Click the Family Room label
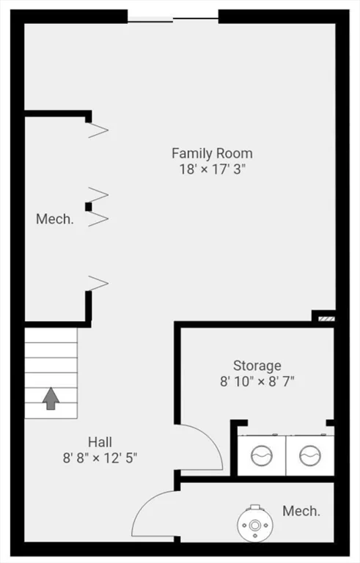point(212,154)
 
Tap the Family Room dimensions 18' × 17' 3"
point(213,169)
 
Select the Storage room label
point(257,366)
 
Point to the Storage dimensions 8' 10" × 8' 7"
point(257,381)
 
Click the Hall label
point(100,442)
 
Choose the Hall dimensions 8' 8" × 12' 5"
point(100,458)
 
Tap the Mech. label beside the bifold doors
point(55,219)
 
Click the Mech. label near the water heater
point(301,511)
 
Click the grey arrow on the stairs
point(51,399)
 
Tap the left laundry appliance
point(262,455)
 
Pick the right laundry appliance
point(310,455)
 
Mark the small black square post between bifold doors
point(89,207)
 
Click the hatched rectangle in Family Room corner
point(326,319)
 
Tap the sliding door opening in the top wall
point(173,18)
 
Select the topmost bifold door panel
point(98,130)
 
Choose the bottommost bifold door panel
point(98,283)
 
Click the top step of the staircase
point(51,335)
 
